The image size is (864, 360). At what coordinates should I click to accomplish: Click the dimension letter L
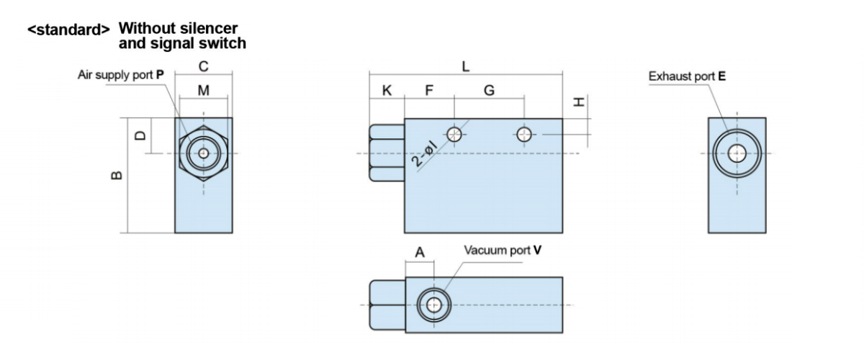(466, 66)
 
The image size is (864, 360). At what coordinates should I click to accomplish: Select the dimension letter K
(387, 91)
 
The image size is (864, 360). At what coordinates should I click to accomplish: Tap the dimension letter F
(429, 91)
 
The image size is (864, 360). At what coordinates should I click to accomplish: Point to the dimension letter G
(489, 91)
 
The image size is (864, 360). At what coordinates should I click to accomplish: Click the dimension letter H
(579, 103)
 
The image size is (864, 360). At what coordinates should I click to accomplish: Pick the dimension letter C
(204, 66)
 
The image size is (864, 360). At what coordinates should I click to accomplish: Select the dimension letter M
(204, 91)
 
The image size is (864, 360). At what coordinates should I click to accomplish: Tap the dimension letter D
(141, 135)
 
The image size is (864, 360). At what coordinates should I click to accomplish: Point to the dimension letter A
(420, 253)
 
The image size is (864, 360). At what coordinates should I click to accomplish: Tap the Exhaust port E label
(687, 75)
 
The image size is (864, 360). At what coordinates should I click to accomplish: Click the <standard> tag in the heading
(68, 31)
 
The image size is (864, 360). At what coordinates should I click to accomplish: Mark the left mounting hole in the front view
(454, 134)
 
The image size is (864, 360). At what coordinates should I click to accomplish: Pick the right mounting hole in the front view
(525, 134)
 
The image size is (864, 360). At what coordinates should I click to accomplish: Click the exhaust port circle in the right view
(737, 153)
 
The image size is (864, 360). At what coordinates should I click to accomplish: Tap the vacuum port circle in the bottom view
(433, 305)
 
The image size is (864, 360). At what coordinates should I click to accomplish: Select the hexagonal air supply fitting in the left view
(204, 153)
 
